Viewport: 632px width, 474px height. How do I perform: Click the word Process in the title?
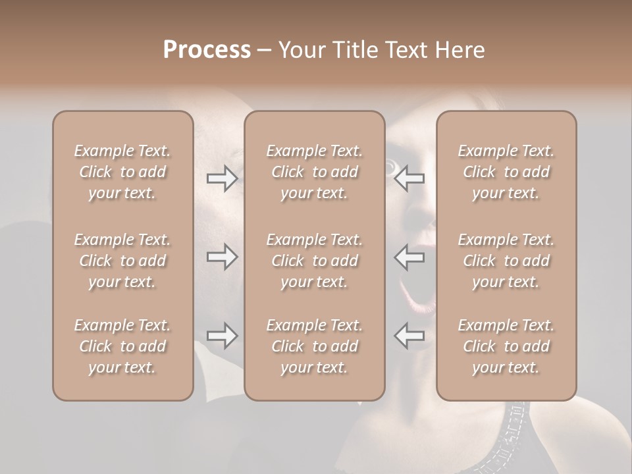coord(207,49)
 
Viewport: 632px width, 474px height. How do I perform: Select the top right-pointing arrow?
coord(222,178)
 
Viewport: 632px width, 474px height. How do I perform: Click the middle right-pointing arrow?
coord(222,257)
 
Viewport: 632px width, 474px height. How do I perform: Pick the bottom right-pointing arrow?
coord(222,336)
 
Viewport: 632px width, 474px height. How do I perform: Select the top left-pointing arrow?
coord(409,178)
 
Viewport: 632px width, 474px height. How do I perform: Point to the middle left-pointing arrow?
coord(409,257)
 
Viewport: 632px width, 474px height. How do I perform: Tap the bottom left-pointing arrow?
coord(409,336)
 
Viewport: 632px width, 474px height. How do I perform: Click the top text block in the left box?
coord(122,172)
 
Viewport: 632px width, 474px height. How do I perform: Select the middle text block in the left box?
coord(122,261)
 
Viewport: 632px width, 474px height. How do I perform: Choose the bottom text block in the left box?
coord(122,346)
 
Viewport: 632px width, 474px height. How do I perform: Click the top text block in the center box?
coord(314,172)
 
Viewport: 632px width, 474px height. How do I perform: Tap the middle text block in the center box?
coord(314,261)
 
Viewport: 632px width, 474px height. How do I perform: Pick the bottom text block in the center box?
coord(314,346)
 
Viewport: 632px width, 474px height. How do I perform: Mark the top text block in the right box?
coord(506,172)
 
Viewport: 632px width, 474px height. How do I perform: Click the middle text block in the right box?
coord(506,261)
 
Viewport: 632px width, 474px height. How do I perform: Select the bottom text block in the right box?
coord(506,346)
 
